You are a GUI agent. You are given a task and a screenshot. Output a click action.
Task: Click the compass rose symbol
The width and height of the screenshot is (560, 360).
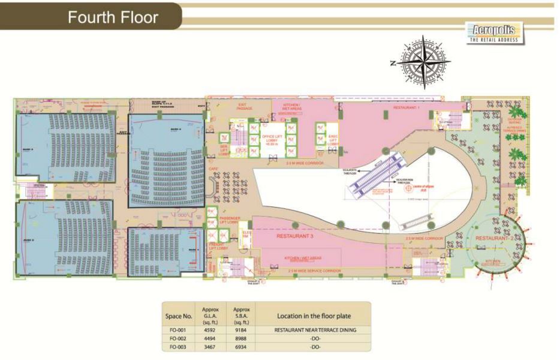(423, 62)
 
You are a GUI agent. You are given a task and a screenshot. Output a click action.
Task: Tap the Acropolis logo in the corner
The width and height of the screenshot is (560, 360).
(494, 32)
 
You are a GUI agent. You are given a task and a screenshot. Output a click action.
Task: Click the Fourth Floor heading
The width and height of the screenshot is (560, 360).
(113, 17)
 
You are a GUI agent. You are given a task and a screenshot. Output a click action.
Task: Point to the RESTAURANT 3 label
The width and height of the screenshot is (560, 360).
(295, 236)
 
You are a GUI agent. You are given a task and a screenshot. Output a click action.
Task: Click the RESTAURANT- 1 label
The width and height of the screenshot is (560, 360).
(407, 107)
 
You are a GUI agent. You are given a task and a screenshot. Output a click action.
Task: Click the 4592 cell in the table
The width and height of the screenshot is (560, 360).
(209, 329)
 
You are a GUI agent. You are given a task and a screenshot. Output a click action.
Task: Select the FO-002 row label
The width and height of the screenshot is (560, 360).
(178, 338)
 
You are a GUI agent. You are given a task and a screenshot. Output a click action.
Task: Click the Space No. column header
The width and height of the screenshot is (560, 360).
(178, 316)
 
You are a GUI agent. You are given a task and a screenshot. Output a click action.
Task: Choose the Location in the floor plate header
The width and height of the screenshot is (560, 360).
(314, 316)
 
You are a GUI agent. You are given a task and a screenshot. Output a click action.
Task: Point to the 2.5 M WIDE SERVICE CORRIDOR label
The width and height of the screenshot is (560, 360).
(314, 271)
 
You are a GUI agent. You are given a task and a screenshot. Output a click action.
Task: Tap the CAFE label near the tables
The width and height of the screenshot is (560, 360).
(213, 169)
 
